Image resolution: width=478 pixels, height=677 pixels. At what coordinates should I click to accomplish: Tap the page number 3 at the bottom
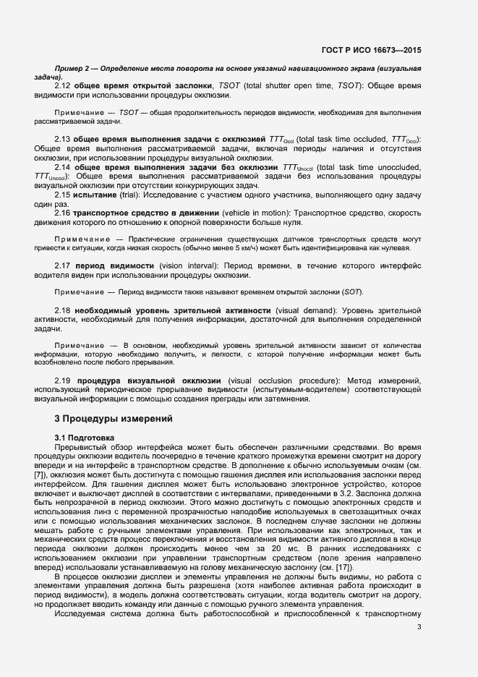point(419,626)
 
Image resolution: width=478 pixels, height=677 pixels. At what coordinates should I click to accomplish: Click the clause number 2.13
point(63,140)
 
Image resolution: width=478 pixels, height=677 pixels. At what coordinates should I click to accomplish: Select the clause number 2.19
point(64,380)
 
